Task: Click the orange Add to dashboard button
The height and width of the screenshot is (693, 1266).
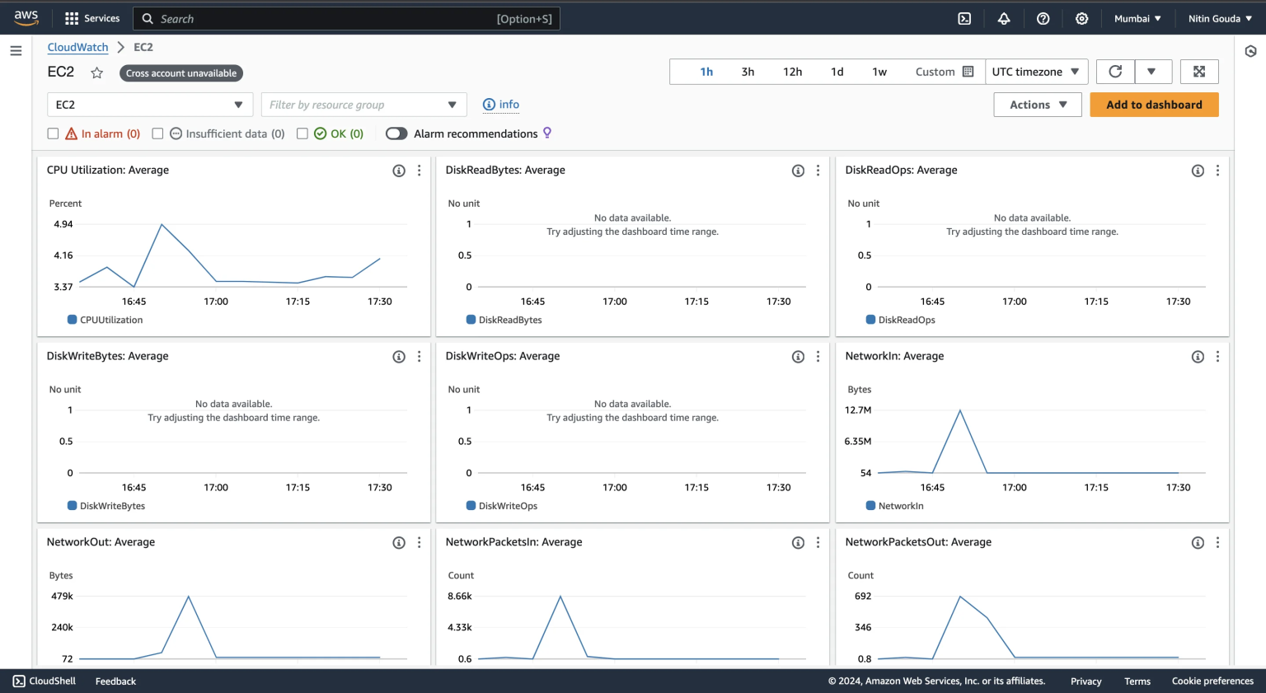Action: pos(1153,105)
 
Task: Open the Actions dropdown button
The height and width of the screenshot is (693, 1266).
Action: pos(1037,105)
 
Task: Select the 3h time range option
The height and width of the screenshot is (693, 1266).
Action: pos(748,72)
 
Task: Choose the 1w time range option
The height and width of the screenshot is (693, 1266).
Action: pos(879,72)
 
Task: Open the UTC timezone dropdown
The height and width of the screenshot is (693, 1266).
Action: pos(1035,72)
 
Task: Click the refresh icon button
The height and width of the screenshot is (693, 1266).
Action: pos(1115,72)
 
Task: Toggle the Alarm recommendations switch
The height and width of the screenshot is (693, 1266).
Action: pos(396,133)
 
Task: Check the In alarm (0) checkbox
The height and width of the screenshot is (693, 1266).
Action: pos(53,133)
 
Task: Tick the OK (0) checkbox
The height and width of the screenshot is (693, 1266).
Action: pos(302,133)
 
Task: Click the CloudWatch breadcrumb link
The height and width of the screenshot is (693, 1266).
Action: pos(77,47)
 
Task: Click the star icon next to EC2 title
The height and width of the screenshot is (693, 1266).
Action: pos(96,73)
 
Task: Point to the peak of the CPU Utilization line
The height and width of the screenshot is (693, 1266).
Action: pos(162,224)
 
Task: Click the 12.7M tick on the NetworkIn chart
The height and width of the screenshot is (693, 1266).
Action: pos(857,410)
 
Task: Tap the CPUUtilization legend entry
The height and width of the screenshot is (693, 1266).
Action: pos(110,320)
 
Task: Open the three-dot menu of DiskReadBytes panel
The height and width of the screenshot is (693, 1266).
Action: pos(818,171)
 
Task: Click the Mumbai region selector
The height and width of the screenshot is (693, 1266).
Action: pos(1137,18)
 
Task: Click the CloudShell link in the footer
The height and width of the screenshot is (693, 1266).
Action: pos(45,681)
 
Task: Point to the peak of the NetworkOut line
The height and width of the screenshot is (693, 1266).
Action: pos(189,597)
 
